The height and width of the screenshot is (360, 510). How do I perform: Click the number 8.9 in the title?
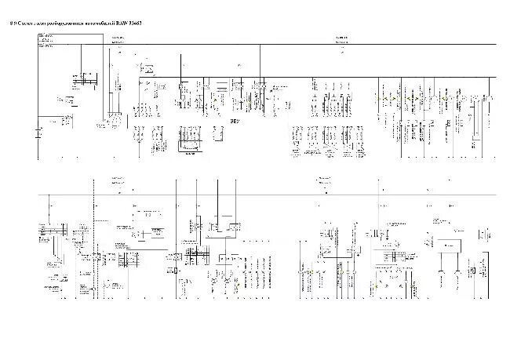(x=12, y=24)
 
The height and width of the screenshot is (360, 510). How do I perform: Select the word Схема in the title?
(x=27, y=24)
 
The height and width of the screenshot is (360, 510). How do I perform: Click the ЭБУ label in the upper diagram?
(x=234, y=122)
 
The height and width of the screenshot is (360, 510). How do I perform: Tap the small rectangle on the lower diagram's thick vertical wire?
(x=176, y=271)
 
